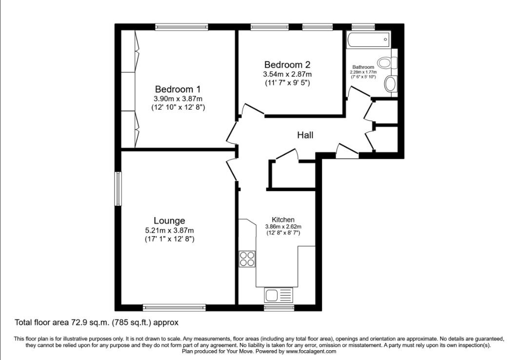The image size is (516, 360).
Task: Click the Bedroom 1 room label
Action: (x=178, y=89)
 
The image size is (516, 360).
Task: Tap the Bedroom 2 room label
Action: (x=287, y=64)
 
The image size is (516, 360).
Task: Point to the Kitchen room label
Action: (x=283, y=220)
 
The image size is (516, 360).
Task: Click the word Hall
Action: (x=305, y=135)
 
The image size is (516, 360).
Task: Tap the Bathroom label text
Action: (x=363, y=67)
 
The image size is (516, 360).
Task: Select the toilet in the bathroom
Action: (x=389, y=63)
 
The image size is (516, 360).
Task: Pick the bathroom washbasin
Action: (x=390, y=84)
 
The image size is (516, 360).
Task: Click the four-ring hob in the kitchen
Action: (x=247, y=259)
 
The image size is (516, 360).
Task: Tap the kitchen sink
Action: (x=278, y=295)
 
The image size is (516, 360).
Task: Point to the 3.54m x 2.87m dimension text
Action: (x=287, y=74)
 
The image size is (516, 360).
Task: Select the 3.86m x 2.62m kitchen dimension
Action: (x=283, y=226)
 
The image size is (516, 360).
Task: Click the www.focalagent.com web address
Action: (x=311, y=351)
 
